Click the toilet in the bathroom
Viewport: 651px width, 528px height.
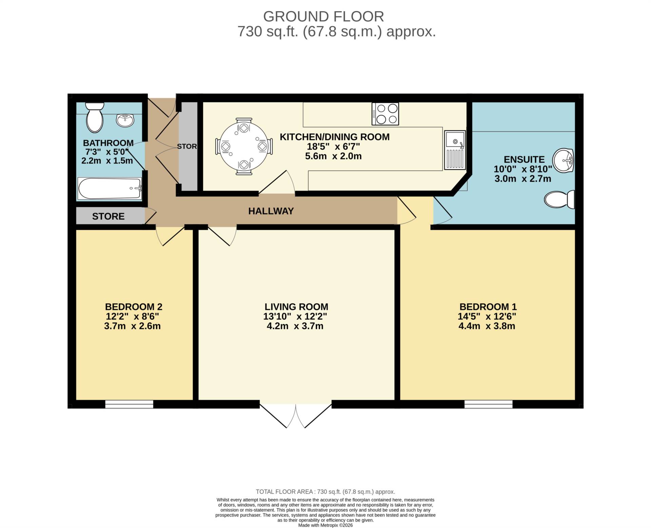95,117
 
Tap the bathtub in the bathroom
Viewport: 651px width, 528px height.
110,189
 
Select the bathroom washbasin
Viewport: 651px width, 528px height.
125,120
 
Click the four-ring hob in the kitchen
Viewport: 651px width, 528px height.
385,114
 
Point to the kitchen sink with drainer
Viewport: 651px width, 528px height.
455,150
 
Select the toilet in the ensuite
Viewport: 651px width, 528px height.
559,199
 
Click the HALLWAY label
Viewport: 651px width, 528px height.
271,211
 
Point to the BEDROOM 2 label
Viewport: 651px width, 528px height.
134,307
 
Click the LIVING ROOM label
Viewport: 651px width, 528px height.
296,307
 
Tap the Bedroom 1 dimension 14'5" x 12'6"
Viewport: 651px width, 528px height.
487,317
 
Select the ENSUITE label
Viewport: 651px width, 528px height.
524,159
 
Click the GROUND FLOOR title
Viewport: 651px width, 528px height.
323,17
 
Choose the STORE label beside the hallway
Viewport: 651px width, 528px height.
108,216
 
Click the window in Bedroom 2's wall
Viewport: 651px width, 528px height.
129,404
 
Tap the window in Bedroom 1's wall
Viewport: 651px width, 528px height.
489,404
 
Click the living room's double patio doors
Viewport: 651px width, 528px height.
296,415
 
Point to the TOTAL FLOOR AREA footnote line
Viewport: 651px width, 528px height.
325,492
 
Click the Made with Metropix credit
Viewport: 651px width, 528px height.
325,525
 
